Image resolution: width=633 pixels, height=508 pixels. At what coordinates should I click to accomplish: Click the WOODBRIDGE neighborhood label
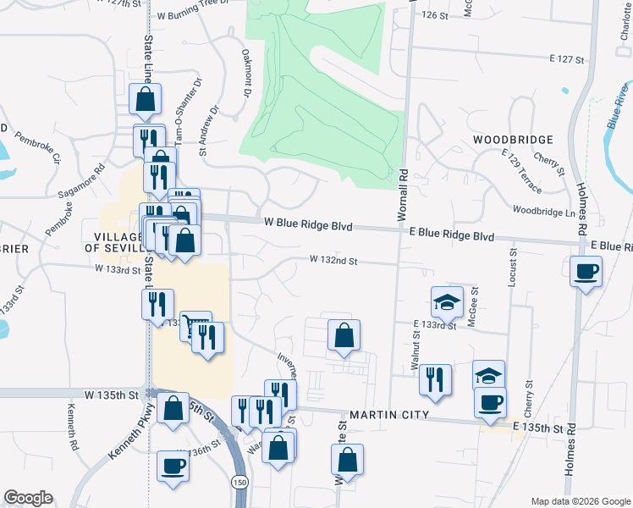[x=513, y=139]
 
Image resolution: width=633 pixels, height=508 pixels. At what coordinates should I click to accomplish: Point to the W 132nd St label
[x=333, y=261]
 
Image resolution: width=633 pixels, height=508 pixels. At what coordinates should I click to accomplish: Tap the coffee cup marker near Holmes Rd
[x=586, y=273]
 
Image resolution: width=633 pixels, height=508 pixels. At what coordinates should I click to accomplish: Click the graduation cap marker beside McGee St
[x=447, y=302]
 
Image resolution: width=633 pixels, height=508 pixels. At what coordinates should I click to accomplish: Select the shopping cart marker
[x=195, y=325]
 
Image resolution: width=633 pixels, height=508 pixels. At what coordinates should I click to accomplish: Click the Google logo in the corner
[x=28, y=498]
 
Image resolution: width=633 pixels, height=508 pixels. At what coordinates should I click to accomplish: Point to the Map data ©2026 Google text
[x=581, y=501]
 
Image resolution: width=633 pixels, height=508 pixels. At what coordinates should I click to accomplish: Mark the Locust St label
[x=512, y=268]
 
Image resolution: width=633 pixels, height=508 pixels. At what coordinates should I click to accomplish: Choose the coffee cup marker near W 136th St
[x=173, y=467]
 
